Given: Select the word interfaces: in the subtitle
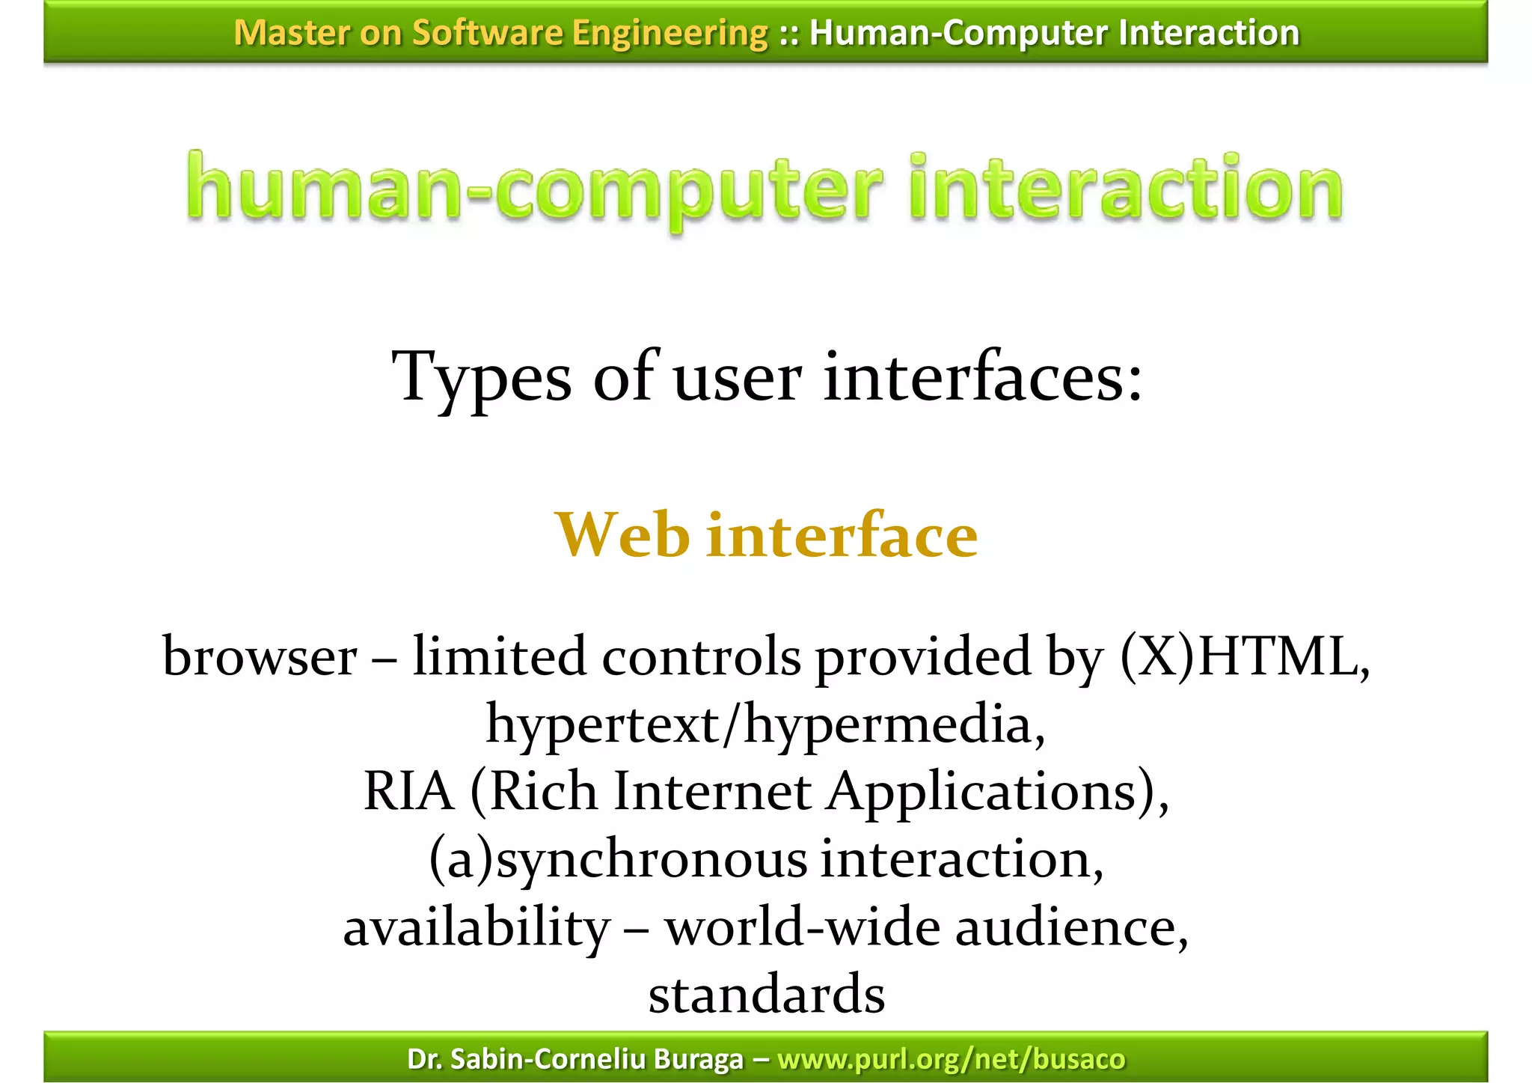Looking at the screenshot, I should click(983, 376).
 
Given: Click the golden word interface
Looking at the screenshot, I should click(842, 535).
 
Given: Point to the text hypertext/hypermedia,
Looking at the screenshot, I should click(766, 725).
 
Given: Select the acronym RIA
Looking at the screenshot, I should click(408, 792).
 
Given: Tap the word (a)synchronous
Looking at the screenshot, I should click(618, 860).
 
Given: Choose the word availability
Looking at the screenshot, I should click(477, 928).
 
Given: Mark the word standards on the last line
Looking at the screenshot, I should click(766, 995).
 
